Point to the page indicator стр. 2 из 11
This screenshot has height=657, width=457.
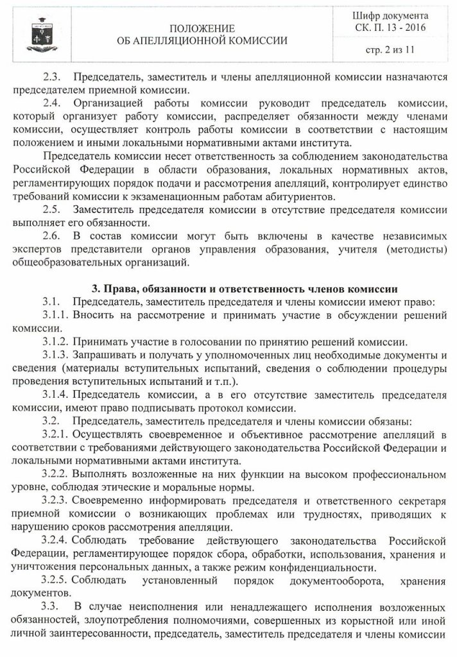(392, 51)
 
